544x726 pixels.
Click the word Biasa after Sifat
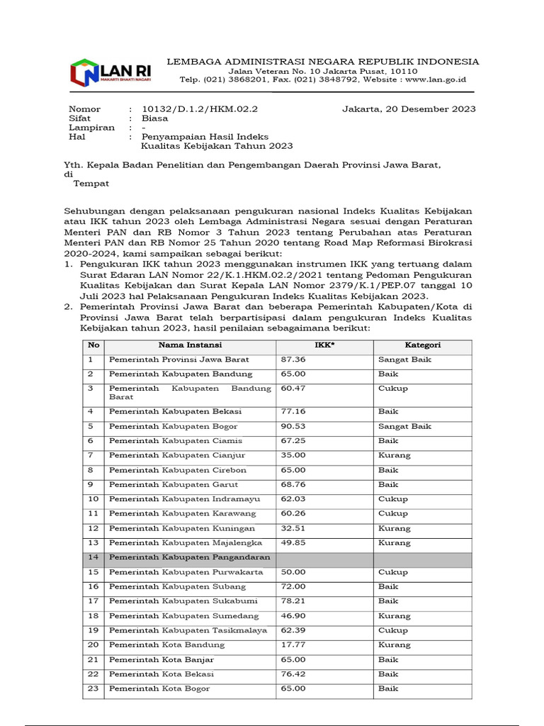pyautogui.click(x=154, y=118)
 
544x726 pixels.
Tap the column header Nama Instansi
pyautogui.click(x=189, y=345)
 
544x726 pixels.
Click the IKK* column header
pyautogui.click(x=324, y=345)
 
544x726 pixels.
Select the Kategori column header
pyautogui.click(x=422, y=345)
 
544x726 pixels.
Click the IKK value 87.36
pyautogui.click(x=293, y=359)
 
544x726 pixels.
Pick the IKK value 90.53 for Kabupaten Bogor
pyautogui.click(x=293, y=426)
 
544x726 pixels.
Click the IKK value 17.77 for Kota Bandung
pyautogui.click(x=293, y=644)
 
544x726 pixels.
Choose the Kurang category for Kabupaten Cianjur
pyautogui.click(x=394, y=455)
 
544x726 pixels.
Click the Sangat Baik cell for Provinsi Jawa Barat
pyautogui.click(x=404, y=359)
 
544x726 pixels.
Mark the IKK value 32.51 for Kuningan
pyautogui.click(x=293, y=528)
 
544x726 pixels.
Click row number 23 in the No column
pyautogui.click(x=93, y=688)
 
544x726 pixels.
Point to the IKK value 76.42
pyautogui.click(x=293, y=674)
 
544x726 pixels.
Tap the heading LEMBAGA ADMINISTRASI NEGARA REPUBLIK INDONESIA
pyautogui.click(x=322, y=62)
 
